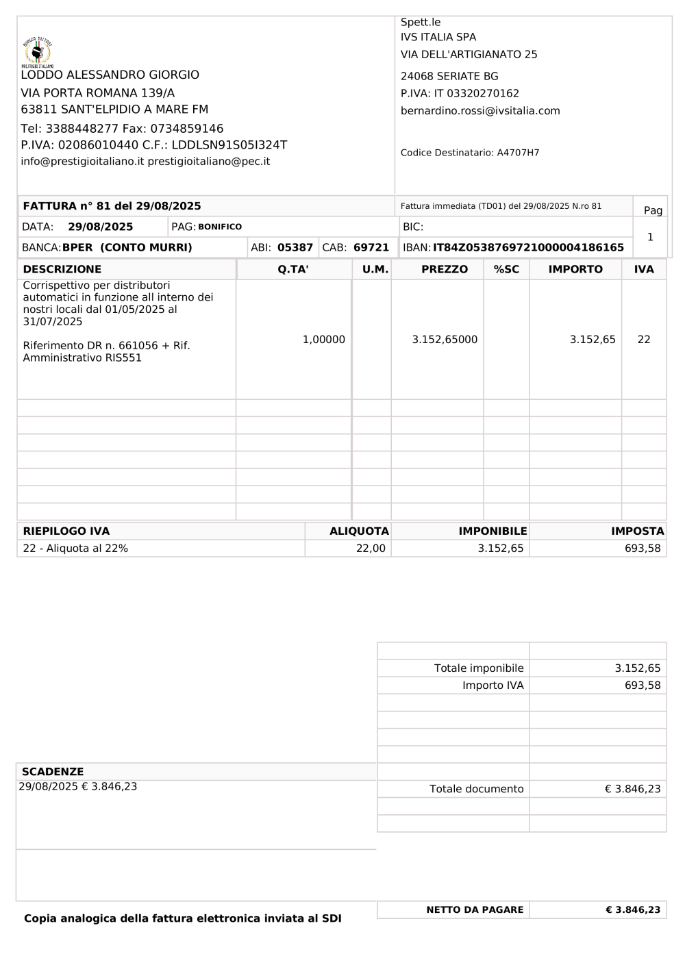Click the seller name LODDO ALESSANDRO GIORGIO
[110, 75]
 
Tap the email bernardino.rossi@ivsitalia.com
[480, 111]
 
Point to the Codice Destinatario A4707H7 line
[470, 153]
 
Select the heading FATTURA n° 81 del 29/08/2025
[112, 206]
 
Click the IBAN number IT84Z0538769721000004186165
[528, 247]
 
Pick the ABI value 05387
[295, 247]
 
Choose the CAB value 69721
[371, 247]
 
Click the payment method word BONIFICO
[220, 227]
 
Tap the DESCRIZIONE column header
[62, 269]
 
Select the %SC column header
[506, 269]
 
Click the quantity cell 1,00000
[324, 340]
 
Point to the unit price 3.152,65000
[445, 340]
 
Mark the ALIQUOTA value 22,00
[371, 549]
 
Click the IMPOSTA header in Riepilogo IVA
[637, 531]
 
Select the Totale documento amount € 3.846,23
[632, 789]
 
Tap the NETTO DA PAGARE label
[475, 909]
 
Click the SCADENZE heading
[53, 772]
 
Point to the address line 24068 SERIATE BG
[449, 77]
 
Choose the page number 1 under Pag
[650, 237]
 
